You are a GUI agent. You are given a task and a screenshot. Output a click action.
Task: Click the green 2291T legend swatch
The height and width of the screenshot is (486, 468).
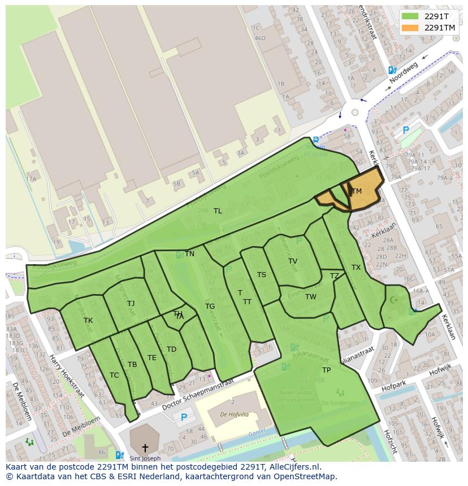pos(410,16)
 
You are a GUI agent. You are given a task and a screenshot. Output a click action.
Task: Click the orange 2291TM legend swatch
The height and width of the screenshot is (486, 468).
pos(410,28)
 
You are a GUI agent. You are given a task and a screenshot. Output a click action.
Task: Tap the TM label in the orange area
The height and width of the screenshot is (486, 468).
pos(356,191)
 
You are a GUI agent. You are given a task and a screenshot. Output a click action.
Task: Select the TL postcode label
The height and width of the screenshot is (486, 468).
pos(218,211)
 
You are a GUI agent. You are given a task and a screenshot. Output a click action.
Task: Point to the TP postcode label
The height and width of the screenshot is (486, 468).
pos(326,370)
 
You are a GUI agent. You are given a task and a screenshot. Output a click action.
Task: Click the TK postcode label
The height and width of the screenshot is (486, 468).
pos(88,321)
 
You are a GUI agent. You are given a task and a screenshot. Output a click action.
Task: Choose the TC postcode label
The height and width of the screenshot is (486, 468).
pos(114,375)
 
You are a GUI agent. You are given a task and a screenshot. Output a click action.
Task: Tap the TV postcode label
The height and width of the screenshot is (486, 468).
pos(293,261)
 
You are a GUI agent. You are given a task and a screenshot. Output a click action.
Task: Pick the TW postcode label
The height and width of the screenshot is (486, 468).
pos(311,297)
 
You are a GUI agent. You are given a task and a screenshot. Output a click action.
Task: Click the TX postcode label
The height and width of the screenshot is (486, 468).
pos(356,268)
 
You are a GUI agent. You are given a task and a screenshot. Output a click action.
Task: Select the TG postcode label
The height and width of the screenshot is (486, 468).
pos(210,307)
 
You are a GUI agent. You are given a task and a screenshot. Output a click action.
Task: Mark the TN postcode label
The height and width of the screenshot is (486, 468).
pos(189,254)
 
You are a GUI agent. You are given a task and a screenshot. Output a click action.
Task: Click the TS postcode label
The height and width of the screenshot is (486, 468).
pos(262,275)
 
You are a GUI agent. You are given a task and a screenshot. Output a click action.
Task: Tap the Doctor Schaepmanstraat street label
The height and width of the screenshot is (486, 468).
pos(197,395)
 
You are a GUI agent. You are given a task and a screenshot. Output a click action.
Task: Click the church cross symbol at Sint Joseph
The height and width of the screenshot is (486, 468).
pos(145,448)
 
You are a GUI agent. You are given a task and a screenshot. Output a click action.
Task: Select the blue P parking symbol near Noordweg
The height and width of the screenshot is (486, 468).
pos(405,130)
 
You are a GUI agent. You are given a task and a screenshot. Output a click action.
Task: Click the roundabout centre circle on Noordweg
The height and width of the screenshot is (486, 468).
pos(354,112)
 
